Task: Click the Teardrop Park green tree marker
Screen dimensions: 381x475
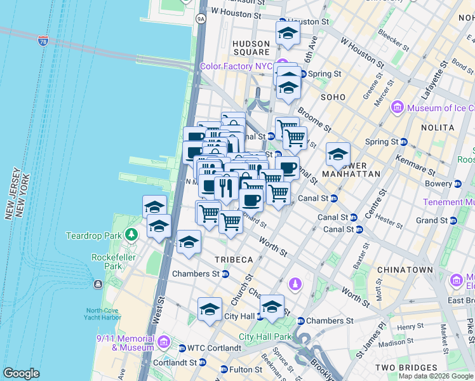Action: tap(131, 236)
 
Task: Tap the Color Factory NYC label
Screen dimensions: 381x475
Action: tap(236, 66)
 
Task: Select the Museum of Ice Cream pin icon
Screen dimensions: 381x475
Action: tap(398, 108)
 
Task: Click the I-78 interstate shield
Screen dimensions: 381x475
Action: tap(43, 42)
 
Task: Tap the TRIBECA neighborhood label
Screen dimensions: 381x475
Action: tap(234, 260)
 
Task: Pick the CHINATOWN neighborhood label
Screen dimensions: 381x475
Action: tap(405, 270)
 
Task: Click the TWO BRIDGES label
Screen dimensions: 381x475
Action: tap(406, 368)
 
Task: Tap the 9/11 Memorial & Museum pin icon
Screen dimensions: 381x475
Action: tap(164, 342)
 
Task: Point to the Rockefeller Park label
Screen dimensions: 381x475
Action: tap(107, 262)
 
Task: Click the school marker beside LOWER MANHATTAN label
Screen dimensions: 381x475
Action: tap(338, 155)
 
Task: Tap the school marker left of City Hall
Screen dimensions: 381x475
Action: tap(210, 310)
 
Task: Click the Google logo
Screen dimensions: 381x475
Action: tap(21, 374)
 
